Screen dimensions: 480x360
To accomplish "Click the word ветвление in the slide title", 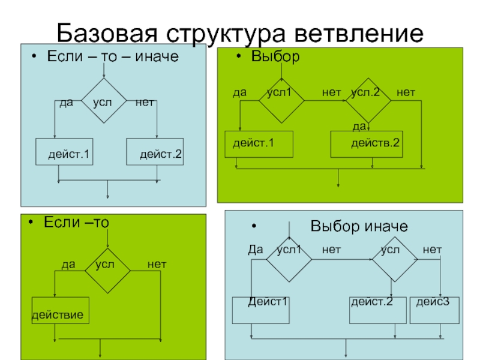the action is coord(359,33).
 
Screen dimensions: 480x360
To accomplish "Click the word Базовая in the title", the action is coord(107,33).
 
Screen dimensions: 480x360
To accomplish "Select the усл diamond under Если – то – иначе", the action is coord(104,101).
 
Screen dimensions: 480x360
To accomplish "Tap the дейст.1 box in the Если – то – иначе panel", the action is coord(64,152).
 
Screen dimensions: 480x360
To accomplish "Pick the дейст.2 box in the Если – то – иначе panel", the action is coord(155,152).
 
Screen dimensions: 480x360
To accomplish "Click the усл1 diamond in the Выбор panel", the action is coord(281,101).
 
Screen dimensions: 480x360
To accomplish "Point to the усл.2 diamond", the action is coord(368,101).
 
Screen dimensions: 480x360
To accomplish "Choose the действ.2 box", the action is coord(367,145).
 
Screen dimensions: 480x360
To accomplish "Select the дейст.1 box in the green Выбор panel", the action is coord(259,145).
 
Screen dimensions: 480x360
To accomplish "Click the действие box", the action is coord(61,310).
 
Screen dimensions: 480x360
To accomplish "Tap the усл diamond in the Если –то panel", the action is coord(107,271).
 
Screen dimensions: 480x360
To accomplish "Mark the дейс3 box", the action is coord(434,310).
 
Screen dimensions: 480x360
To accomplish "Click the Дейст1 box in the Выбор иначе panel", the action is coord(261,310).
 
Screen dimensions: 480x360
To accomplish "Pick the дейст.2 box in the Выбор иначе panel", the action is coord(378,310).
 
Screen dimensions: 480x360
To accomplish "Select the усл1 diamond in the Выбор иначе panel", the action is coord(289,259).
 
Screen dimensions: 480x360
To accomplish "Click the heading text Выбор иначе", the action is coord(359,226).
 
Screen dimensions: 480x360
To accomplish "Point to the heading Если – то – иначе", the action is coord(113,56).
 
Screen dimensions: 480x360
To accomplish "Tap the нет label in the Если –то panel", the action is coord(157,264).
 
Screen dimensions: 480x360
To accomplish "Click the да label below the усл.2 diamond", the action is coord(359,127).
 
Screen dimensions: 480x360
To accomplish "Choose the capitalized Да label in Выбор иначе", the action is coord(256,250).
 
